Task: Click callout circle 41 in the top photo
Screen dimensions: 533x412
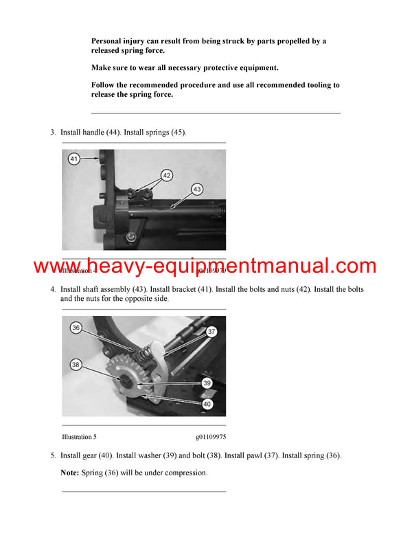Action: coord(74,159)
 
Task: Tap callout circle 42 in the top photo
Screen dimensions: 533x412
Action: coord(166,175)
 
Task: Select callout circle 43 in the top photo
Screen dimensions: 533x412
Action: coord(197,189)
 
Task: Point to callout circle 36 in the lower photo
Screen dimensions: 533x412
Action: coord(76,328)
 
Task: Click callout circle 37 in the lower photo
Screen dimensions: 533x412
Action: coord(211,332)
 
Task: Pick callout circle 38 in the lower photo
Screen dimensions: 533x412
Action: coord(75,365)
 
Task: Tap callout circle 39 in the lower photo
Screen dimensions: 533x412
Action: coord(207,384)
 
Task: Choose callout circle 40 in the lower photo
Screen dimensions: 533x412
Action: coord(207,405)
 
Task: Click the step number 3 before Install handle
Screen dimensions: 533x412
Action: coord(53,132)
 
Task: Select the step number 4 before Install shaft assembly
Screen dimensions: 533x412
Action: coord(53,289)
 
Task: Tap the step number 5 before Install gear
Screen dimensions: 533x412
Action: coord(53,455)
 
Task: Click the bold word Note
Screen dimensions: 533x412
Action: coord(69,473)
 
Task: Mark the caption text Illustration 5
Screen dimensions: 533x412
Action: coord(84,436)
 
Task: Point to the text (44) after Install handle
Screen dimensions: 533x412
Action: coord(113,132)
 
